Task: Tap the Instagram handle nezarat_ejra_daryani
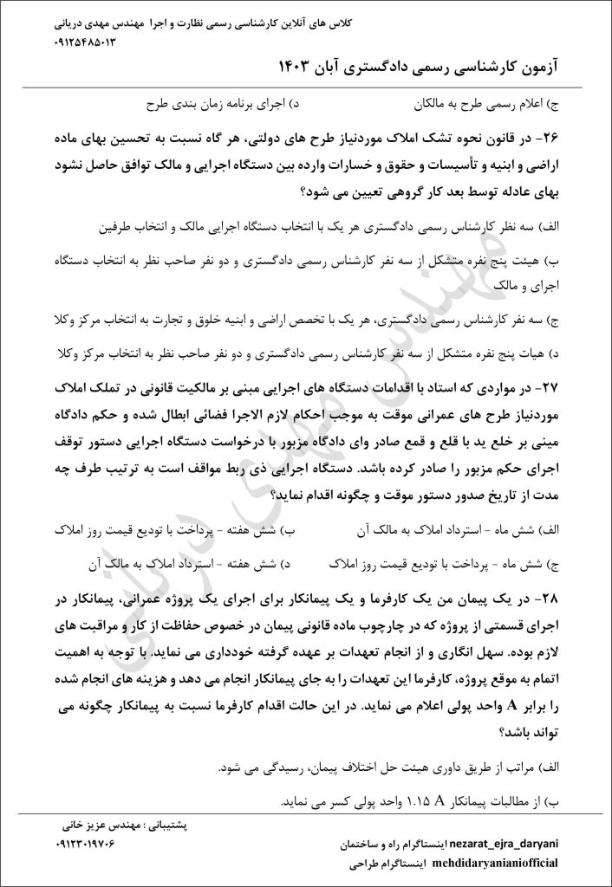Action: click(511, 842)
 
